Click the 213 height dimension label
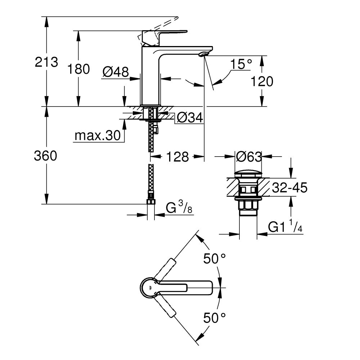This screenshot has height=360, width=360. (46, 62)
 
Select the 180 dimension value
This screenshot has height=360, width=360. (78, 69)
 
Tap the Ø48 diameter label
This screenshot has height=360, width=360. (115, 72)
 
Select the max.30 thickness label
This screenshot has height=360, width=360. (96, 136)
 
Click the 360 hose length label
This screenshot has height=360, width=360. (45, 156)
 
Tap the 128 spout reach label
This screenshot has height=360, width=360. (177, 157)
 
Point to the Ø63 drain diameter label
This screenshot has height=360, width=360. (248, 157)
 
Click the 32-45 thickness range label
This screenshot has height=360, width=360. (289, 188)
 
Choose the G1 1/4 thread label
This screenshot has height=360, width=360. (284, 228)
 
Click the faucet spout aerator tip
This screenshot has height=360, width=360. (203, 54)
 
